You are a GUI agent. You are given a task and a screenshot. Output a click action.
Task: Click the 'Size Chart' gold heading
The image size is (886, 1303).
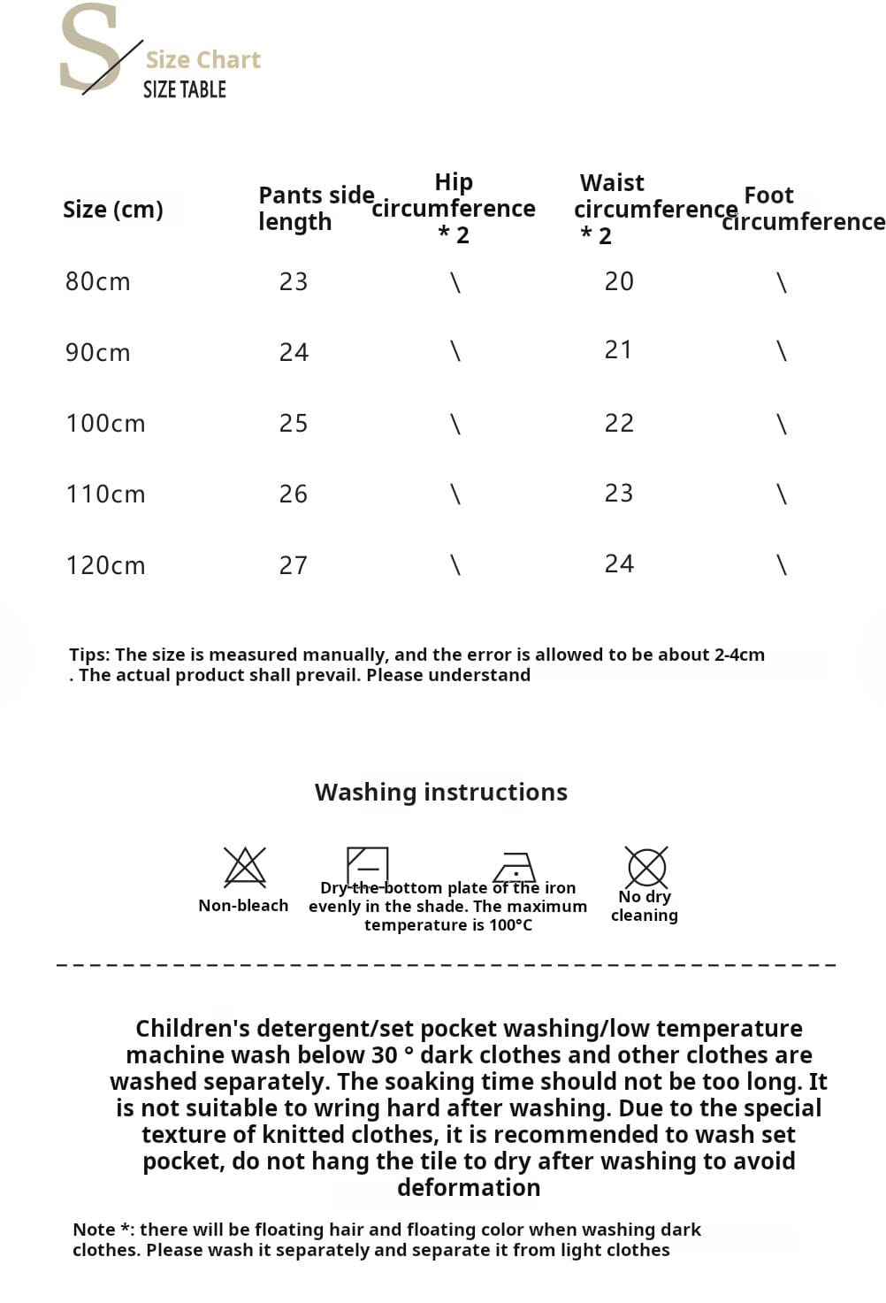[x=202, y=60]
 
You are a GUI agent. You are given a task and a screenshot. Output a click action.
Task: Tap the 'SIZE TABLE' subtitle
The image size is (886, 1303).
[x=184, y=89]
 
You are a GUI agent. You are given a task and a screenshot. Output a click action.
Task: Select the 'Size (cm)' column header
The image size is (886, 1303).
[x=113, y=210]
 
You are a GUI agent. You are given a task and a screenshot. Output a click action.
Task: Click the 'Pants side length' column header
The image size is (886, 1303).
[x=316, y=208]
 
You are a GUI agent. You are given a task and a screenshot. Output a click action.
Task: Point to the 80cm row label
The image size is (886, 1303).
[x=97, y=282]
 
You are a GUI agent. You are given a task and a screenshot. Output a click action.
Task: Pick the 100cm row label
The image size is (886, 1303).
[x=105, y=424]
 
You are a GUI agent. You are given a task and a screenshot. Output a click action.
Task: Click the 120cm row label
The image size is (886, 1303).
[x=105, y=565]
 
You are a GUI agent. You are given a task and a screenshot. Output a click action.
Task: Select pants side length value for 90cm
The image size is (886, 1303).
[x=294, y=353]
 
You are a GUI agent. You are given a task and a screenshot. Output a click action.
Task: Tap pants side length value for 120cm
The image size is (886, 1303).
[x=294, y=565]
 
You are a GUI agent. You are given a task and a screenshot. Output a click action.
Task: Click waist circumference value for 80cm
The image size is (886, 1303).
[x=619, y=281]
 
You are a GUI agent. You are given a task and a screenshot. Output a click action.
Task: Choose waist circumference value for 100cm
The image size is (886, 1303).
[x=619, y=423]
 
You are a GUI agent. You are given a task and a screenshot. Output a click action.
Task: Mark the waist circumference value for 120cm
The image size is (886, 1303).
[x=619, y=563]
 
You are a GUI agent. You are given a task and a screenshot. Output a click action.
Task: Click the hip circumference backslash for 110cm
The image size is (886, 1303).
[x=455, y=494]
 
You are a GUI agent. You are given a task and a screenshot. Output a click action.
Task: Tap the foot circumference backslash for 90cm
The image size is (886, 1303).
[x=781, y=352]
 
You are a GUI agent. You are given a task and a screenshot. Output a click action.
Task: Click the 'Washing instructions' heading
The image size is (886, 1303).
[x=441, y=792]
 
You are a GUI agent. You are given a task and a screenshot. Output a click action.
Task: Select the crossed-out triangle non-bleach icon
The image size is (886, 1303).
[x=245, y=866]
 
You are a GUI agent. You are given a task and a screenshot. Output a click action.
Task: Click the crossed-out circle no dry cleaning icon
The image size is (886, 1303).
[x=646, y=866]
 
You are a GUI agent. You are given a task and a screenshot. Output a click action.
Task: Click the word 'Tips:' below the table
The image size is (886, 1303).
[x=89, y=655]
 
